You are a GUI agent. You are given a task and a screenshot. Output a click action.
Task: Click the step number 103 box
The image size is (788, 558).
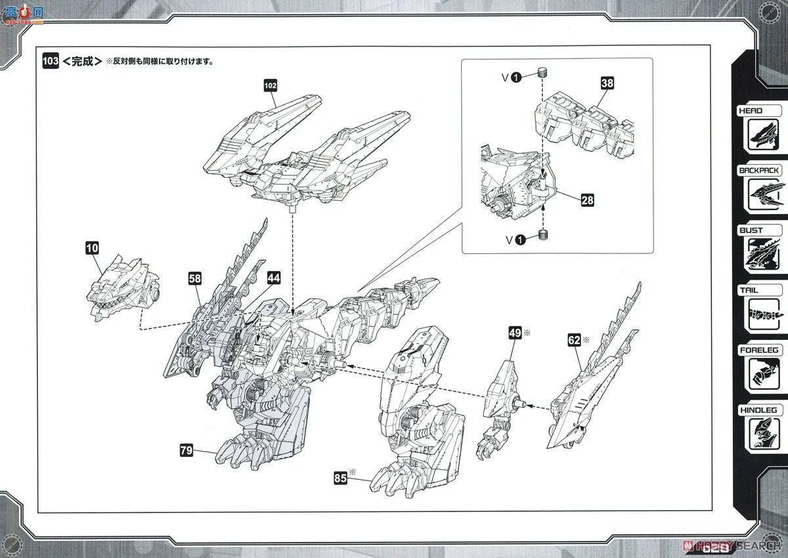click(x=50, y=61)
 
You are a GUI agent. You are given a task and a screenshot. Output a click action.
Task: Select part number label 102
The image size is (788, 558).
click(x=271, y=85)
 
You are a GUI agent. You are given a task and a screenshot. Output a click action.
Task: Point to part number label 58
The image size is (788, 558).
click(x=195, y=279)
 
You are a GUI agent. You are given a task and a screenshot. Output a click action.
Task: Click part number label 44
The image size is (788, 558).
click(x=274, y=278)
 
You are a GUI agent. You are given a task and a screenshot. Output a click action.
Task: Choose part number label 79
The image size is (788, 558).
click(x=186, y=450)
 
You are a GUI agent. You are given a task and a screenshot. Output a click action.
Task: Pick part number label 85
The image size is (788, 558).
click(x=339, y=479)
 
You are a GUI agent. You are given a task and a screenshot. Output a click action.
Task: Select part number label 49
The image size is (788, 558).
click(x=515, y=333)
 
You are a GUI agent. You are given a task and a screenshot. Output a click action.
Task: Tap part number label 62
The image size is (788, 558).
click(x=575, y=340)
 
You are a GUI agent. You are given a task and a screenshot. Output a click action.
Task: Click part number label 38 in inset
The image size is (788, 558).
click(x=607, y=83)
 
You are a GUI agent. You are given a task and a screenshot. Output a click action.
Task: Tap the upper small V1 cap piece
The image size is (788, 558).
click(x=542, y=72)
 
